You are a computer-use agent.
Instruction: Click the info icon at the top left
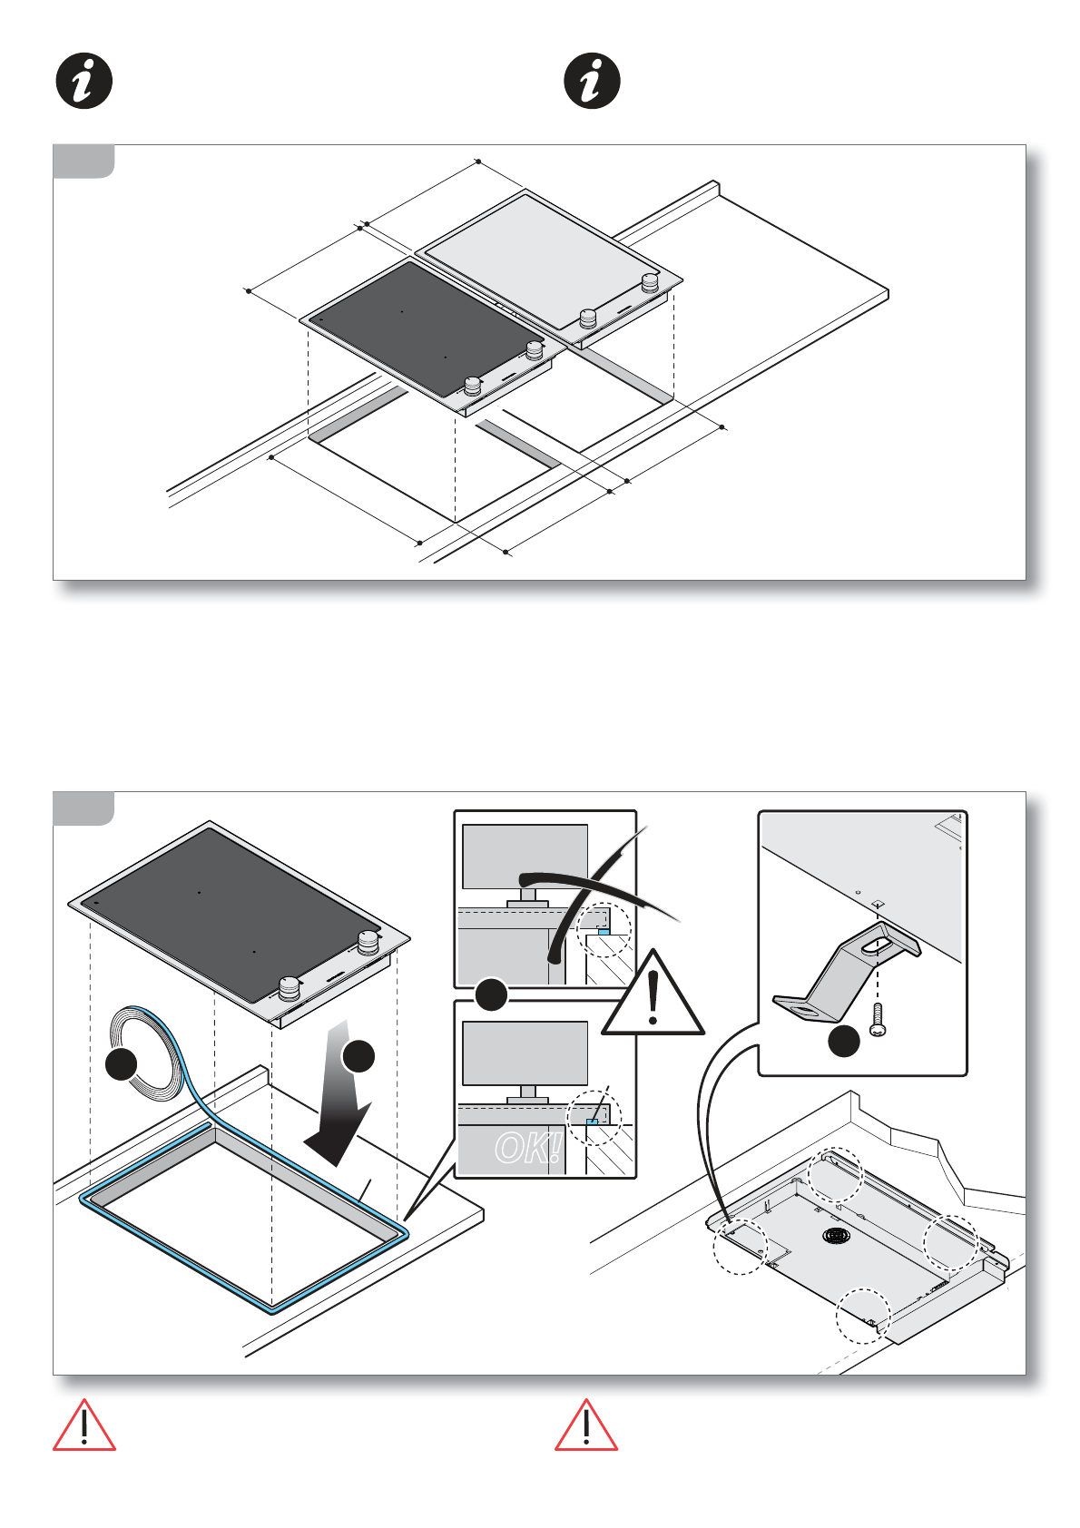click(x=84, y=82)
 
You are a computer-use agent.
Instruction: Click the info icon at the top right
click(x=593, y=82)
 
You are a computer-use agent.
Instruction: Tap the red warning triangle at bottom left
click(x=84, y=1426)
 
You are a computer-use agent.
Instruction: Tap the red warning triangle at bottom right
click(x=586, y=1426)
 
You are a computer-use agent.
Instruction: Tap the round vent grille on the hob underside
click(x=836, y=1236)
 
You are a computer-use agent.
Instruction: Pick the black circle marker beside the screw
click(x=844, y=1041)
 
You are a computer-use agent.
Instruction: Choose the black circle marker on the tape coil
click(x=122, y=1063)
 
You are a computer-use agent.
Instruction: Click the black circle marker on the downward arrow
click(x=358, y=1056)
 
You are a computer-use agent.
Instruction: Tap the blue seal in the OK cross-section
click(x=591, y=1122)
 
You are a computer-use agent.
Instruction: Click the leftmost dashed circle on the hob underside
click(x=741, y=1247)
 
